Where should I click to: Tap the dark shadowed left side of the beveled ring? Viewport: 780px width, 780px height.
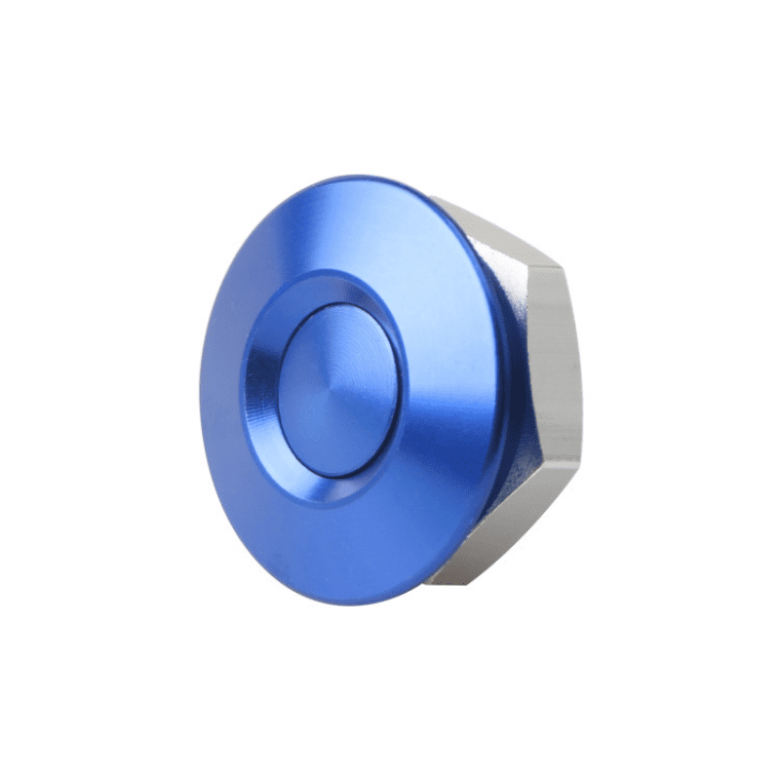click(261, 390)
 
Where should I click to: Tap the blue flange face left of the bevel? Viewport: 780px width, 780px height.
click(222, 390)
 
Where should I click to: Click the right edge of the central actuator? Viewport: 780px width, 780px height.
click(397, 390)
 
